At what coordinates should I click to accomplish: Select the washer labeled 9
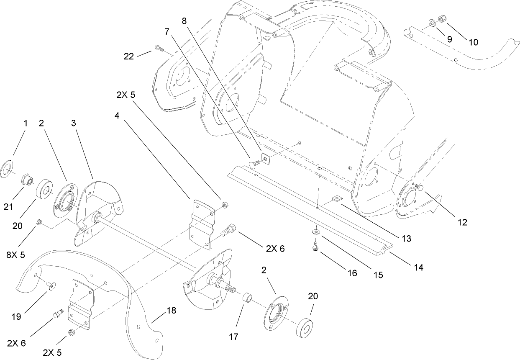pos(431,22)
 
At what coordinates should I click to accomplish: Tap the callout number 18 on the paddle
pos(172,311)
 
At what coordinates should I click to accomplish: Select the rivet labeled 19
pos(51,285)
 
